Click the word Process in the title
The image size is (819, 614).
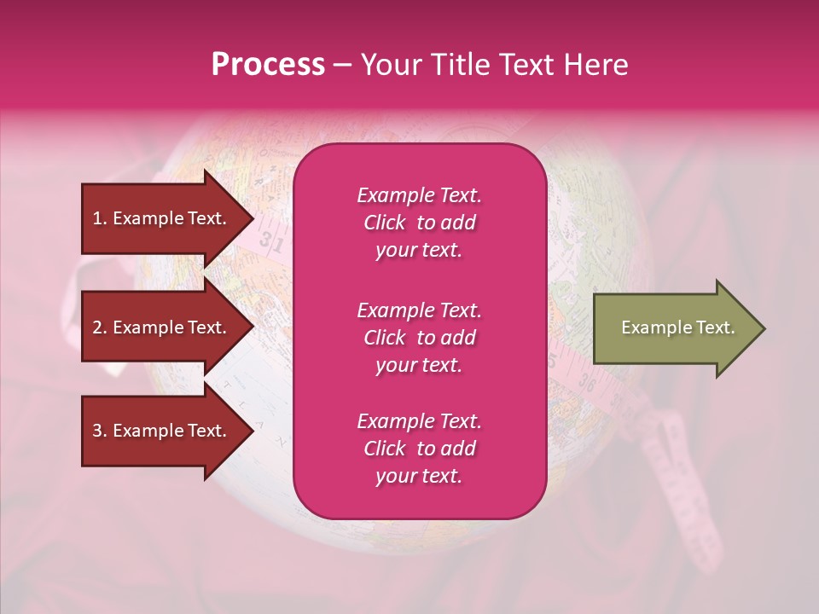[x=268, y=65]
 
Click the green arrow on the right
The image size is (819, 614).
[x=674, y=328]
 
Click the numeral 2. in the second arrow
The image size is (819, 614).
[x=100, y=327]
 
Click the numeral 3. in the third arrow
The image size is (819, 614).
[x=100, y=431]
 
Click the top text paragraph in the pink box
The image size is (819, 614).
[x=419, y=223]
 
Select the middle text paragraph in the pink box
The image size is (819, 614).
[x=419, y=338]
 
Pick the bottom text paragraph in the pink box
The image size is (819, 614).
[x=419, y=449]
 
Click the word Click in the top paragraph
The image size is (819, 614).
[x=385, y=223]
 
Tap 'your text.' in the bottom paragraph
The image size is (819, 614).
[x=419, y=476]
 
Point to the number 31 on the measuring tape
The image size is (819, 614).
[x=271, y=243]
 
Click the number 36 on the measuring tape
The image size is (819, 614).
[x=585, y=383]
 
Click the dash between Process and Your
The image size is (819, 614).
[x=342, y=65]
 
